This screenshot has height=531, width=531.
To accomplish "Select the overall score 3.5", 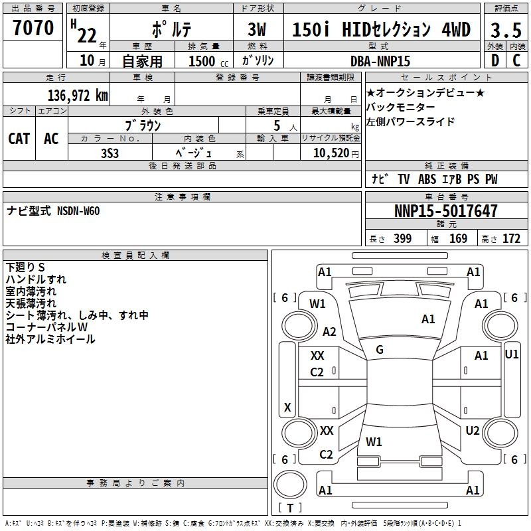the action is click(504, 30).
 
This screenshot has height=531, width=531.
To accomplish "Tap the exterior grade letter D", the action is click(494, 60).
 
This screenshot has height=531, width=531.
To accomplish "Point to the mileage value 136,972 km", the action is click(78, 95).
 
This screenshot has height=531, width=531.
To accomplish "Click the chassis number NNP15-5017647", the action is click(445, 212).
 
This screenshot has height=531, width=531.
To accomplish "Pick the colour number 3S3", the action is click(110, 152).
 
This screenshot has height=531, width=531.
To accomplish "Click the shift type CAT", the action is click(19, 138).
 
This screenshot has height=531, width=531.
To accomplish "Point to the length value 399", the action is click(402, 239).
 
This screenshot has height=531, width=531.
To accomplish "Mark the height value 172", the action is click(511, 239).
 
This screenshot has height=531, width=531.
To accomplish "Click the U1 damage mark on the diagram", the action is click(511, 354).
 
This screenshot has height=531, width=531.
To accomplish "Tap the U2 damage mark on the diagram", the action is click(473, 431).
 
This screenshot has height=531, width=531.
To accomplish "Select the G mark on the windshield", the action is click(380, 350).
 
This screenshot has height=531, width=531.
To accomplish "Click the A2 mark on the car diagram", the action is click(329, 332).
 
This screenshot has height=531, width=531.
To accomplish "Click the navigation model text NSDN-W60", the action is click(78, 210).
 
